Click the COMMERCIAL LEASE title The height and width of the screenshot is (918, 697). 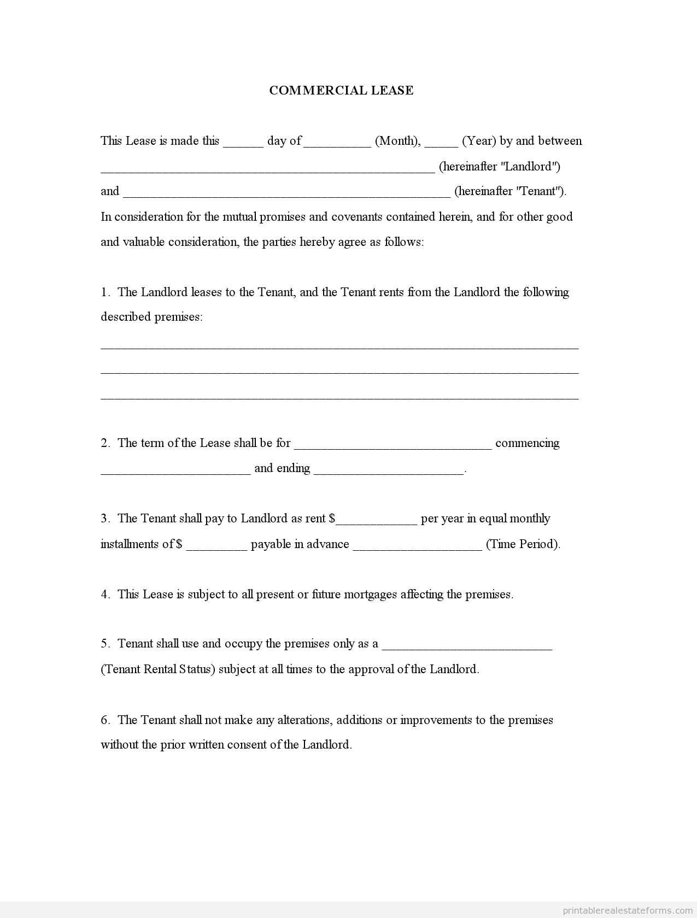341,91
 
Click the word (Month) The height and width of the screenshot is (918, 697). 397,141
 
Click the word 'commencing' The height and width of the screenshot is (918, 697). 527,443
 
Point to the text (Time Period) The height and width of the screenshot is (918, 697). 523,544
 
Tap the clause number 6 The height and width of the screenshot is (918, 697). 105,720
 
